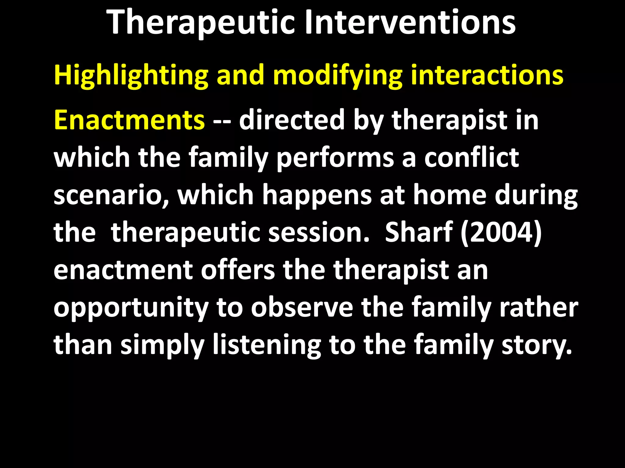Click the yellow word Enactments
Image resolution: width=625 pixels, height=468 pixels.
[129, 120]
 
